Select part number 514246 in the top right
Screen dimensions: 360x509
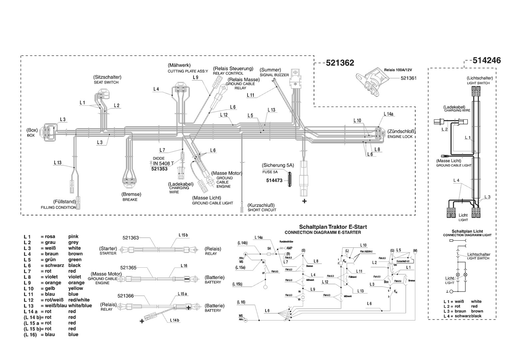click(486, 60)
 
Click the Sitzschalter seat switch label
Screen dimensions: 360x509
click(107, 77)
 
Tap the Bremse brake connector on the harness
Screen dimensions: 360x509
click(129, 182)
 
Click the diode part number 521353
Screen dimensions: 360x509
click(159, 169)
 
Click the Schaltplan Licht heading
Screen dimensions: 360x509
click(467, 231)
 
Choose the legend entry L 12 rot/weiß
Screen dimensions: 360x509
click(57, 300)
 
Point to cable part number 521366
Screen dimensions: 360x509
click(126, 296)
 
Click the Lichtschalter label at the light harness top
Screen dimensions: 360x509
click(480, 78)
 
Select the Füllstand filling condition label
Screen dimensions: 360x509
click(64, 202)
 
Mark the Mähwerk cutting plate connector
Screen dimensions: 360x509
click(180, 89)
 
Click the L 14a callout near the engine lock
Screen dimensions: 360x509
click(388, 114)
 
